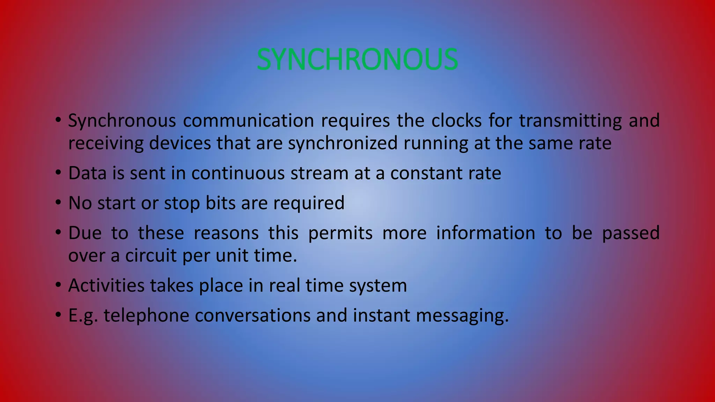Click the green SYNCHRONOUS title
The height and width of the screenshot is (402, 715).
pyautogui.click(x=357, y=59)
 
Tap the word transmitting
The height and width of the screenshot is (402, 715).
pyautogui.click(x=570, y=121)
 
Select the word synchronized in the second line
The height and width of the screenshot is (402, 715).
pyautogui.click(x=342, y=143)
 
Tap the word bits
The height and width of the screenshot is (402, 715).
pyautogui.click(x=220, y=203)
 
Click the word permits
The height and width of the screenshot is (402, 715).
pyautogui.click(x=340, y=233)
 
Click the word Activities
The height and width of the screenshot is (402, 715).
pyautogui.click(x=106, y=285)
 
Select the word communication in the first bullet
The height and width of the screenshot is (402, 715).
pyautogui.click(x=249, y=121)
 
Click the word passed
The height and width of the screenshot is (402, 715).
pyautogui.click(x=631, y=233)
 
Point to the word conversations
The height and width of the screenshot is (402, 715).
pyautogui.click(x=252, y=315)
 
